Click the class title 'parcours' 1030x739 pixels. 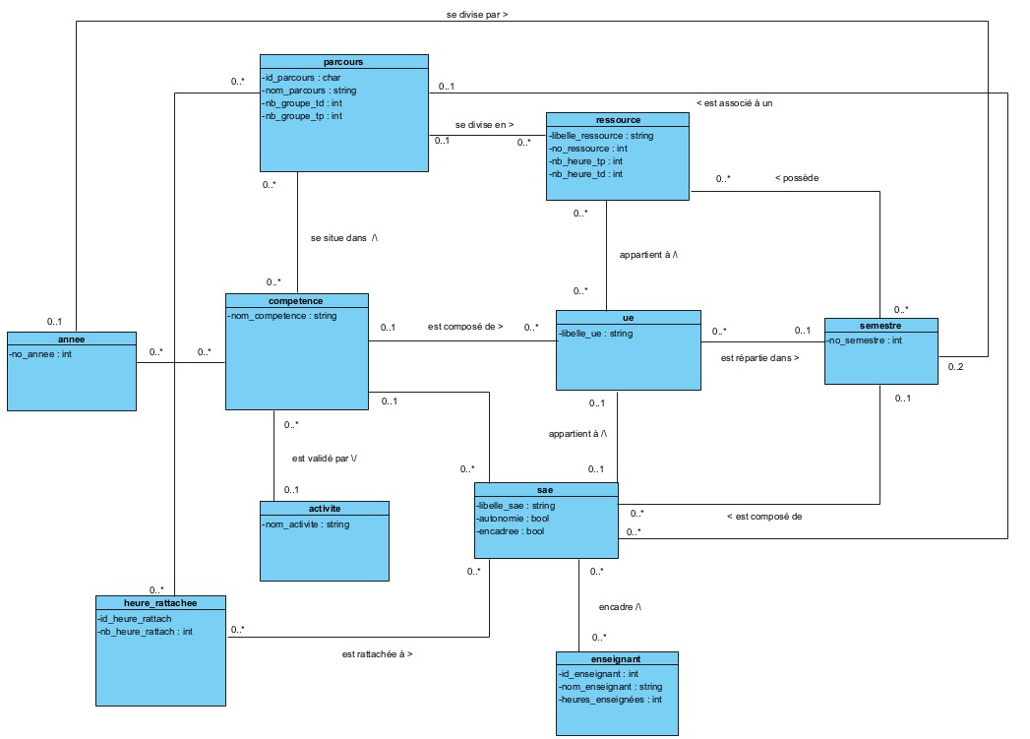pos(343,61)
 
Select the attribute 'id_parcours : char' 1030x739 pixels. pos(301,77)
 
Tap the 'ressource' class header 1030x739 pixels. pos(617,119)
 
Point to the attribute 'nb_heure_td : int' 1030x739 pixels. pos(587,174)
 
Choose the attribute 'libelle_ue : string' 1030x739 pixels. pos(597,334)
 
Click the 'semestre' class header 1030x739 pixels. pos(880,325)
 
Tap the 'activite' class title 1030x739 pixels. pos(324,509)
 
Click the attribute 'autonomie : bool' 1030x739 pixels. pos(515,518)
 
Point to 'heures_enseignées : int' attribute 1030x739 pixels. pos(610,700)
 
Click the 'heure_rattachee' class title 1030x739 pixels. pos(161,602)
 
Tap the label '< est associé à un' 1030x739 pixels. pos(734,102)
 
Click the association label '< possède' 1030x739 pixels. pos(797,178)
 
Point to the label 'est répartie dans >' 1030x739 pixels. pos(759,358)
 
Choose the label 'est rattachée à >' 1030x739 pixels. pos(377,653)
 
